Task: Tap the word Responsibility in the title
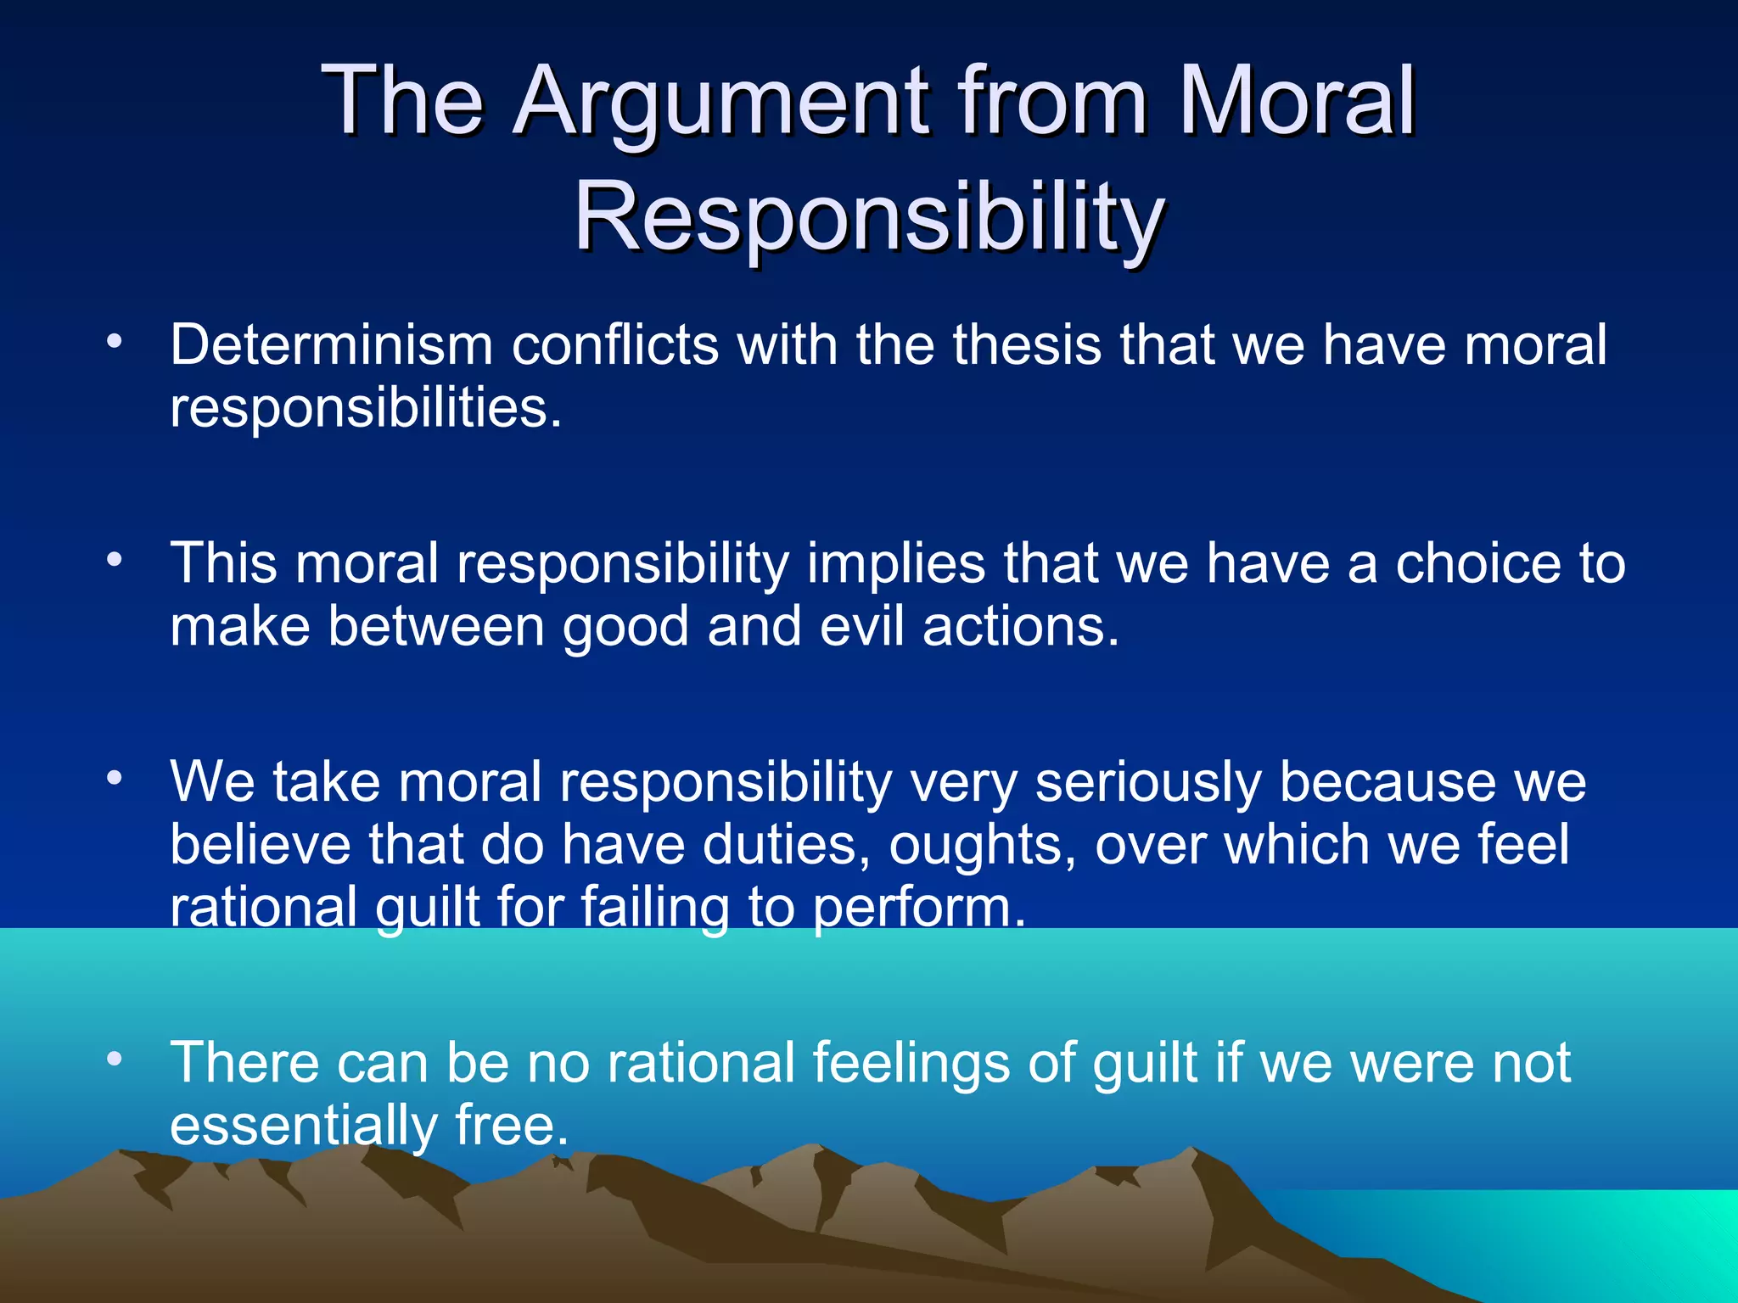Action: (869, 219)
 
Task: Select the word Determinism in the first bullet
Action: (331, 345)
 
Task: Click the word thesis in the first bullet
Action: (1026, 345)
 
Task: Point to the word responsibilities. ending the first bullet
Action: (366, 409)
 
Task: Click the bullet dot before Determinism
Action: (115, 343)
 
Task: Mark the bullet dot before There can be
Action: (115, 1059)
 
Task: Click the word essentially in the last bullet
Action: (304, 1127)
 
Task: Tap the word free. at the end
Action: (511, 1126)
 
